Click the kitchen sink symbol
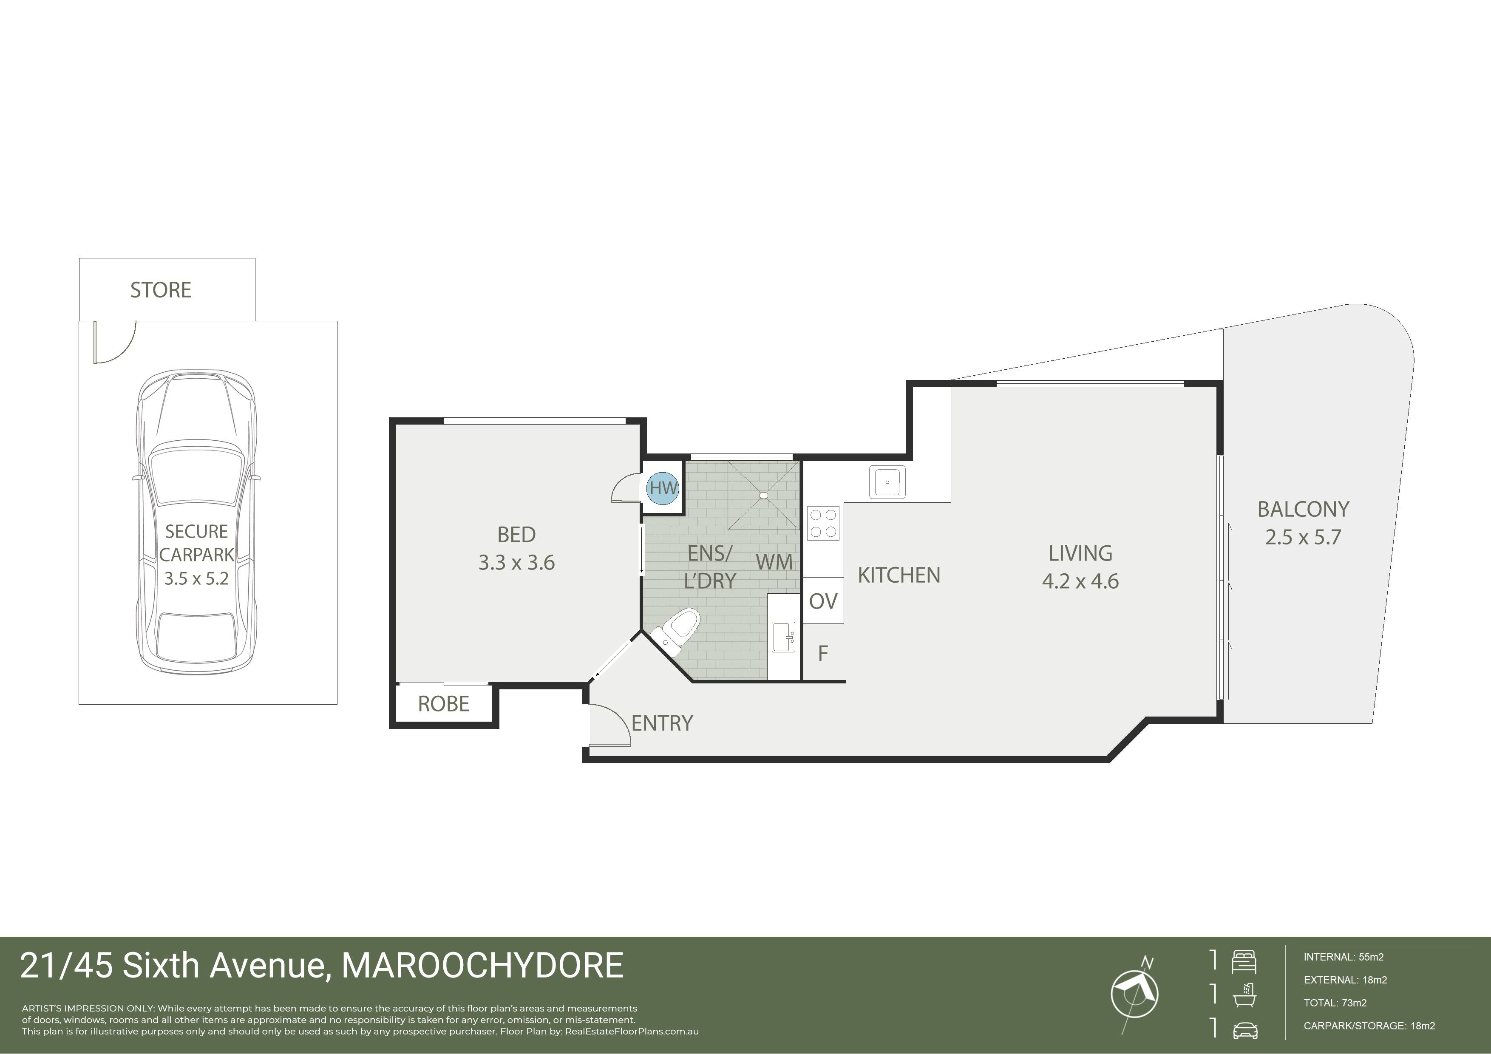[887, 482]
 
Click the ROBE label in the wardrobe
[444, 704]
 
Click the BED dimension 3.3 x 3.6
[516, 562]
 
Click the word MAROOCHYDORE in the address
[482, 966]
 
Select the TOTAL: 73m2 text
[1335, 1003]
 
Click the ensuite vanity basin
[783, 636]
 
